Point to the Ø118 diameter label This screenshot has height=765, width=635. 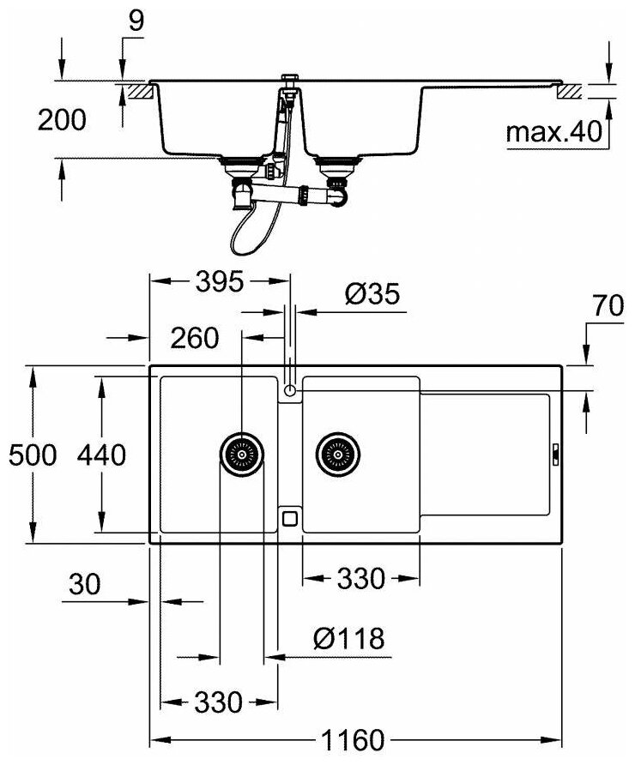[348, 639]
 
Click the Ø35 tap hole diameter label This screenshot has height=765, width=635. [372, 295]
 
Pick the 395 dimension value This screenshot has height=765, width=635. [218, 281]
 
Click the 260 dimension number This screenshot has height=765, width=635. [194, 338]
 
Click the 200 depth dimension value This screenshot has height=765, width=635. [62, 120]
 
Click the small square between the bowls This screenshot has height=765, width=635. [290, 517]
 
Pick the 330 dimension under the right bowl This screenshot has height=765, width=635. [360, 580]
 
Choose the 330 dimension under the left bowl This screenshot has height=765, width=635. [218, 703]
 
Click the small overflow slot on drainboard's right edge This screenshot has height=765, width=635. [555, 455]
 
